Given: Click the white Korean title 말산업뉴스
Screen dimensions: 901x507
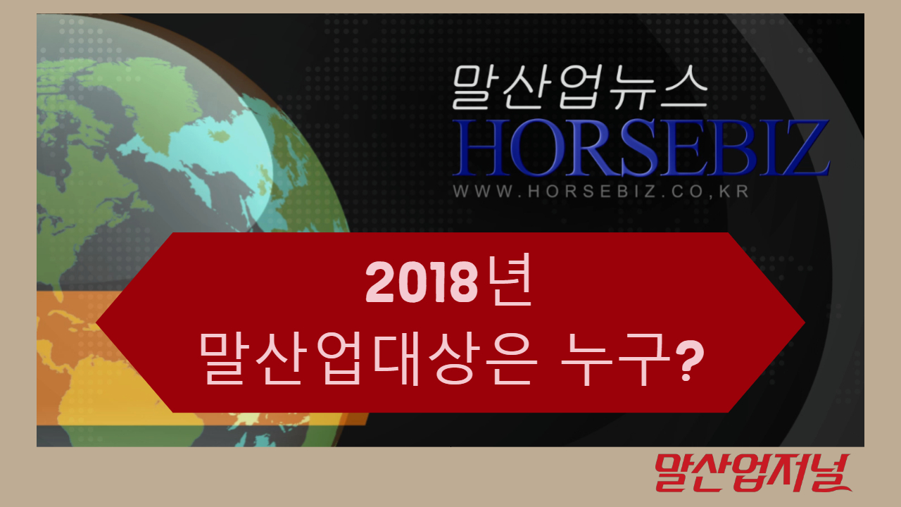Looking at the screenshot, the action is tap(579, 87).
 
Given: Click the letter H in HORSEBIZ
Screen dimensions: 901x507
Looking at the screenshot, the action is tap(480, 148).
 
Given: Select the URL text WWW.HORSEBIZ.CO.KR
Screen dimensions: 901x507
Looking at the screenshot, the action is tap(601, 191).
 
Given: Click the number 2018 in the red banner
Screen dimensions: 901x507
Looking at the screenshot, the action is tap(422, 282).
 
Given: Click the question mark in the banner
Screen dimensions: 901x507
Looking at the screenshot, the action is tap(689, 361).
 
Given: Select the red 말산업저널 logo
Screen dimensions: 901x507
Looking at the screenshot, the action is tap(753, 472).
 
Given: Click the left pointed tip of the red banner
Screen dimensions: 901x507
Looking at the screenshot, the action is tap(96, 323).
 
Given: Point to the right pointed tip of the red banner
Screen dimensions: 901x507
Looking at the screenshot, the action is tap(805, 323).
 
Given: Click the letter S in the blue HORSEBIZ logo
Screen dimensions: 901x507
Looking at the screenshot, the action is tap(638, 148).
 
